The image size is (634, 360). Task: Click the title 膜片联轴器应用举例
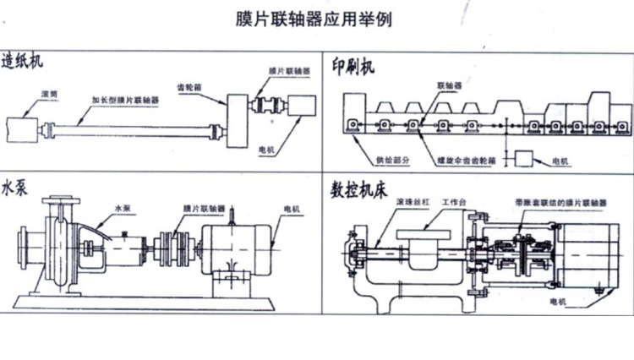point(314,18)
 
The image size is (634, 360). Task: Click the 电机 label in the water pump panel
point(292,208)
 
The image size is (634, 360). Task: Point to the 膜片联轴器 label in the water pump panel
point(204,208)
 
